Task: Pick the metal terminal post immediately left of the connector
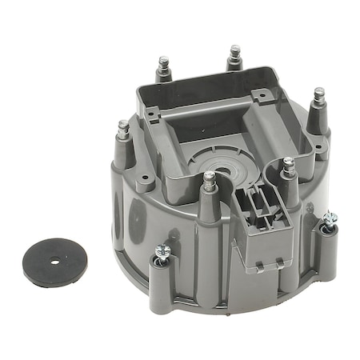click(x=209, y=182)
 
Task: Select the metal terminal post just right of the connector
click(x=288, y=168)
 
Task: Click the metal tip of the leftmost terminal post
click(x=123, y=129)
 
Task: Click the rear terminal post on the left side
click(x=162, y=64)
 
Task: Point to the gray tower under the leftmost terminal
click(x=125, y=152)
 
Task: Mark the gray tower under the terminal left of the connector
click(x=209, y=206)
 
